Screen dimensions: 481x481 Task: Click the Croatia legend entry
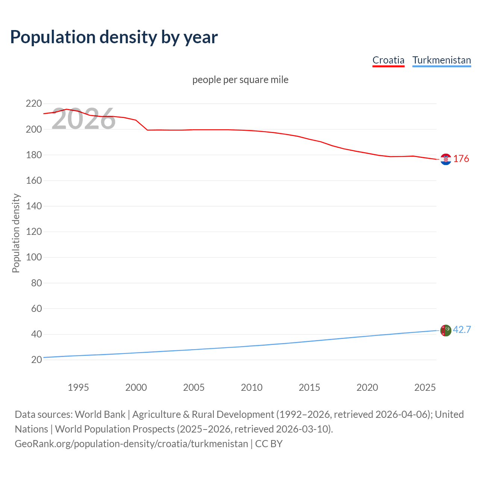388,60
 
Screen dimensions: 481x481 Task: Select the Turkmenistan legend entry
442,60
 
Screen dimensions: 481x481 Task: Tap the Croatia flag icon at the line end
446,159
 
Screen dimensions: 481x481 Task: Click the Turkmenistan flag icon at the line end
446,330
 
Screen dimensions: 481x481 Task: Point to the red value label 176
461,159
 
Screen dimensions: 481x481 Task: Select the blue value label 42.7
462,330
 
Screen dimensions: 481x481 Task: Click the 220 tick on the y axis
33,103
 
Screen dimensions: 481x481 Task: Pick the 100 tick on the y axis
33,257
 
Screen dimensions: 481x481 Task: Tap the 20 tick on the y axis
36,360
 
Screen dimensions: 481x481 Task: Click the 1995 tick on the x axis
78,387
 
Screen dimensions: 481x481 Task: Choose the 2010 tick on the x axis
251,387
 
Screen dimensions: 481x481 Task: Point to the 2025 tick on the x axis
425,387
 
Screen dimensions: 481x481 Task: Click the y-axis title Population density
16,233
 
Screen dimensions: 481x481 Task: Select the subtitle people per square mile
240,80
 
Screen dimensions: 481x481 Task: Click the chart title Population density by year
114,37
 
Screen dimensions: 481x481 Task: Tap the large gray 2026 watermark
83,119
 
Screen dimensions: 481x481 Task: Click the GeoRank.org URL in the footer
131,444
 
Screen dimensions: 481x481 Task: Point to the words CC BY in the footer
269,444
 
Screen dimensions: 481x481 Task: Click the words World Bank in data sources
100,414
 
